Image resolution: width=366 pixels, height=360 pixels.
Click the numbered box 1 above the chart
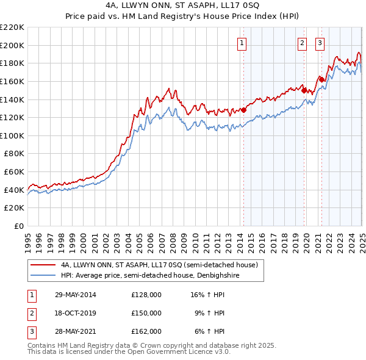click(x=242, y=43)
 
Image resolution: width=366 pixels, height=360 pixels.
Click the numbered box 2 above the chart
click(x=302, y=43)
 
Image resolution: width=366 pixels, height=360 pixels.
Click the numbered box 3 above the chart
click(x=320, y=43)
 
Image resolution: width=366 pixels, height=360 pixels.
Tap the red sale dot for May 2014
click(x=243, y=110)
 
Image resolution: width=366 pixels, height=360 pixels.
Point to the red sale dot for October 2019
click(x=304, y=90)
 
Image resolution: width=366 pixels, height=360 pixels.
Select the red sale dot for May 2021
click(x=321, y=79)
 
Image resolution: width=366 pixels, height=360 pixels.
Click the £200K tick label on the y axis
click(x=12, y=45)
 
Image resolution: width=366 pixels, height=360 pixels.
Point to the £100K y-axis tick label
click(x=12, y=135)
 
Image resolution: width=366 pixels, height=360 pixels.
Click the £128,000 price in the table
click(x=146, y=295)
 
